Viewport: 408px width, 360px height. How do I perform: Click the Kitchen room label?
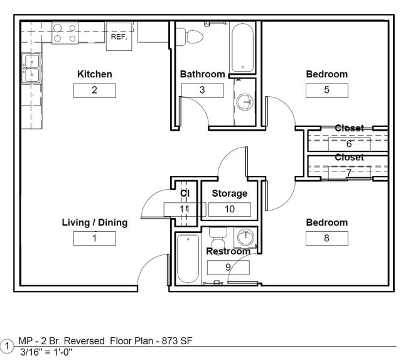point(94,74)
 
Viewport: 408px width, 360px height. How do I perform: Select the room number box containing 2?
point(94,90)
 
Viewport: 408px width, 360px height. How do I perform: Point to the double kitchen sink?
point(31,68)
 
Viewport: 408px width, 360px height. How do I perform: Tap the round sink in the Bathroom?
point(244,102)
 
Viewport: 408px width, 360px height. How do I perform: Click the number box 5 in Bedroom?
point(326,90)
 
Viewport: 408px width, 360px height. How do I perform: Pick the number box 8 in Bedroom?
point(326,238)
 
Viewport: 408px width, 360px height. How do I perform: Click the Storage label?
point(229,194)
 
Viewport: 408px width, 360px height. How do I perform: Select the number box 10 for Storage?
point(229,209)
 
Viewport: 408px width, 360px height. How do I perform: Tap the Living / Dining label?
point(94,222)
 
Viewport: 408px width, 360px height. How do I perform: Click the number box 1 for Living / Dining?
point(94,238)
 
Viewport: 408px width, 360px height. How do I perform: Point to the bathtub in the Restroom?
point(188,258)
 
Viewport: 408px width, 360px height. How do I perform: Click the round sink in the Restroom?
point(245,238)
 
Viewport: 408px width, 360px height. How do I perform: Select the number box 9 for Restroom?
point(228,267)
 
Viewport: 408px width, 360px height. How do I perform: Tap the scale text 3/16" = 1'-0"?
point(46,352)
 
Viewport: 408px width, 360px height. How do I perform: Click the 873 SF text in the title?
point(178,341)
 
